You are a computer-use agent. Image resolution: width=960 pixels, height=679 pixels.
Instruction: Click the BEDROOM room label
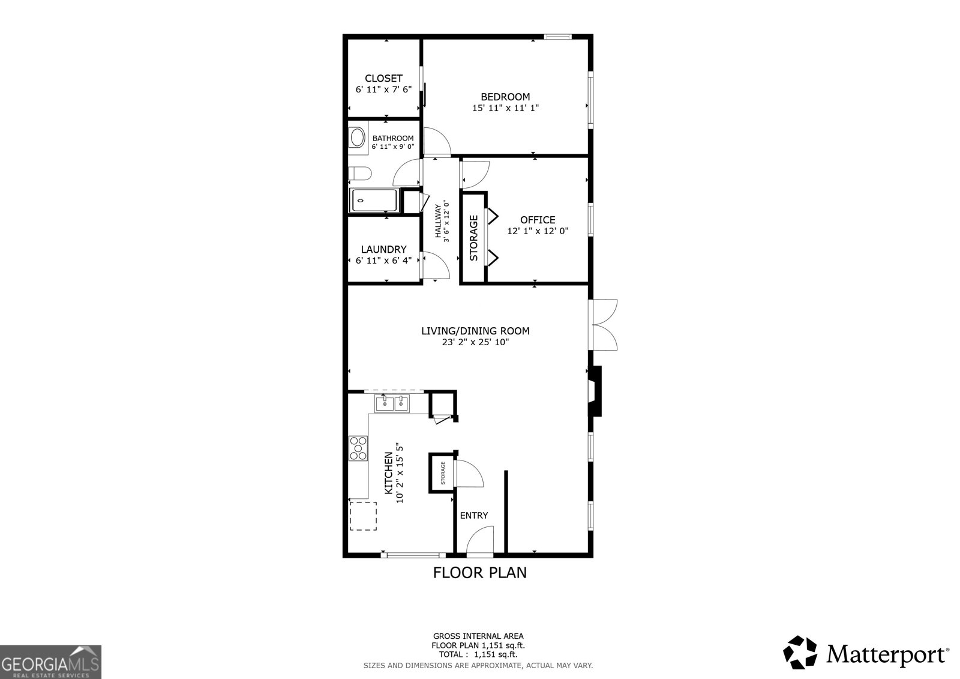click(x=505, y=97)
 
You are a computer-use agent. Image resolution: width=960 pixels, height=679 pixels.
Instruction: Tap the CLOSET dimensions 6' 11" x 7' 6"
click(x=383, y=89)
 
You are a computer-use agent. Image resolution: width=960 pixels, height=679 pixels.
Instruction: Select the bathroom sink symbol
click(x=358, y=137)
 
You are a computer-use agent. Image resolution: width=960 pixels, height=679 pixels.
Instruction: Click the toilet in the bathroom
click(x=359, y=174)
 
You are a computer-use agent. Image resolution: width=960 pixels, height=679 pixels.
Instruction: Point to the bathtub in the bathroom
click(x=374, y=201)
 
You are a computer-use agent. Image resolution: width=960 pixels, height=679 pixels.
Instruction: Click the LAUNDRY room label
click(x=383, y=249)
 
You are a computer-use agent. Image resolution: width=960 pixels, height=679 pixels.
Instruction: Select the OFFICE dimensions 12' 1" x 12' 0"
click(x=538, y=231)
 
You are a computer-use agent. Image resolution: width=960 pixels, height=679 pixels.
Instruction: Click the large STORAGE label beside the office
click(x=473, y=238)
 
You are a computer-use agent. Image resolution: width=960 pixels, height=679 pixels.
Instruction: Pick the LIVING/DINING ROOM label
click(x=475, y=331)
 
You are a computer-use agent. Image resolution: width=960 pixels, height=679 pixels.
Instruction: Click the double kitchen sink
click(x=392, y=404)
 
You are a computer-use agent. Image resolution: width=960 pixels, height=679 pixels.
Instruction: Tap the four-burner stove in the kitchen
click(x=358, y=448)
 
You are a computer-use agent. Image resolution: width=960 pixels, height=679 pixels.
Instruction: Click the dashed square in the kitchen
click(x=363, y=516)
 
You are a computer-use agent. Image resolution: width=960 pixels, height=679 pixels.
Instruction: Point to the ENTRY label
click(x=473, y=515)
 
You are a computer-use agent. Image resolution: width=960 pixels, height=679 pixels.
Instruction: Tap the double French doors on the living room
click(x=605, y=325)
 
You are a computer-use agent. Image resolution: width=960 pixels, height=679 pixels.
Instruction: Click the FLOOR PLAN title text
click(x=479, y=573)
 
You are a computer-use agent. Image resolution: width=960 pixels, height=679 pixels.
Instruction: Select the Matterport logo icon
click(x=800, y=652)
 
